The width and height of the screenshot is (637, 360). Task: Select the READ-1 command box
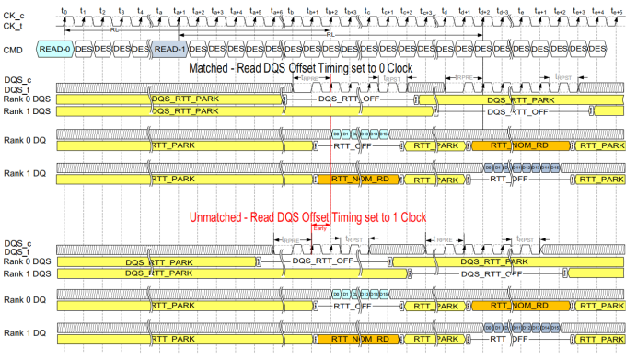(168, 48)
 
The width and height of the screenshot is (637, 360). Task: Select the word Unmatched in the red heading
(224, 217)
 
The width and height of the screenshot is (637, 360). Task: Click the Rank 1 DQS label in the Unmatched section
(27, 273)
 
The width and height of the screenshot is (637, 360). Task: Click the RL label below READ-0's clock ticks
(113, 29)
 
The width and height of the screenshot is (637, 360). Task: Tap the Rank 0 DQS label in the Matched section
(27, 99)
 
